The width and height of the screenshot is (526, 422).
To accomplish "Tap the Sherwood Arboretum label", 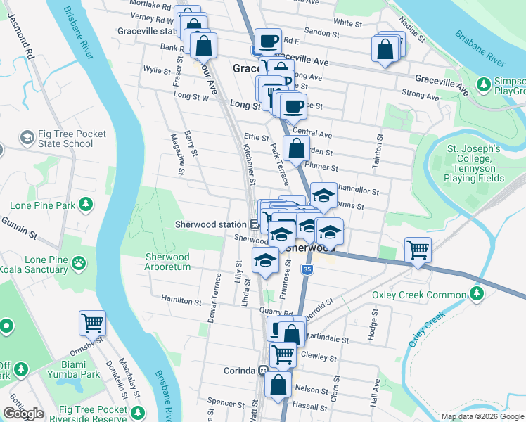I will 167,262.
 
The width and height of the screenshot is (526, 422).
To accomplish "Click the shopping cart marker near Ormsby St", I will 93,324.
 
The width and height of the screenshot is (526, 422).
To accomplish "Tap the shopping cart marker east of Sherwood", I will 418,250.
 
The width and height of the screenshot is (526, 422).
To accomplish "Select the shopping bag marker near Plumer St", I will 297,149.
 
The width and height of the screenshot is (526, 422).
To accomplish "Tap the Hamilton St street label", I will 181,300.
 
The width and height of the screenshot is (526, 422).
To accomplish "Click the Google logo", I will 23,414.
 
